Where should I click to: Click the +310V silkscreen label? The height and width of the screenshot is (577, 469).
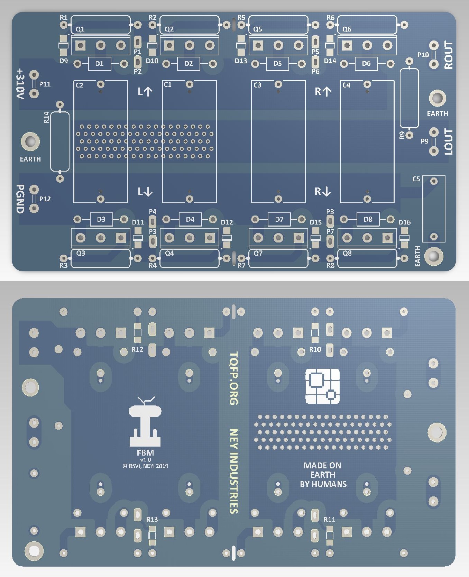(x=21, y=84)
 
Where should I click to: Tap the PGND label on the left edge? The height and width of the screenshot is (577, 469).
(x=20, y=199)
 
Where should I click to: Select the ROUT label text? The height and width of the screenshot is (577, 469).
(x=448, y=55)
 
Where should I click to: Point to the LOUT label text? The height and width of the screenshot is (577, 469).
(x=448, y=142)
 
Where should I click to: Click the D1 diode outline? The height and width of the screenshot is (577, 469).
(x=99, y=64)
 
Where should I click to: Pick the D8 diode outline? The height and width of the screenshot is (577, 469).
(x=368, y=219)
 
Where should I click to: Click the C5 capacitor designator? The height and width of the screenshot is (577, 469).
(x=416, y=179)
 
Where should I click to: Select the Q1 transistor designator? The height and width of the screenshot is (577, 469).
(x=80, y=29)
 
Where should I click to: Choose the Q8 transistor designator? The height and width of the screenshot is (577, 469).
(x=347, y=253)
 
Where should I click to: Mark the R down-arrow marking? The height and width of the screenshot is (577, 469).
(x=323, y=191)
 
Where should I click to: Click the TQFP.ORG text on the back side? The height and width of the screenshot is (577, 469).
(x=234, y=378)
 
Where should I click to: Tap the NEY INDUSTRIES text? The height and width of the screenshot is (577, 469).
(x=234, y=471)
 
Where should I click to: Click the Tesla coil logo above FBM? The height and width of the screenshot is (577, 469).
(x=145, y=422)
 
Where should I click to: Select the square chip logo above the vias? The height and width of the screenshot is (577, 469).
(x=322, y=386)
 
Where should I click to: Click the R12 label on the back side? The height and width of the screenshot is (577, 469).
(x=137, y=350)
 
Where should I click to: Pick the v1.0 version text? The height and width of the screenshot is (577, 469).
(x=146, y=460)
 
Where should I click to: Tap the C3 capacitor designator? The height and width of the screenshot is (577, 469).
(x=257, y=85)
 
